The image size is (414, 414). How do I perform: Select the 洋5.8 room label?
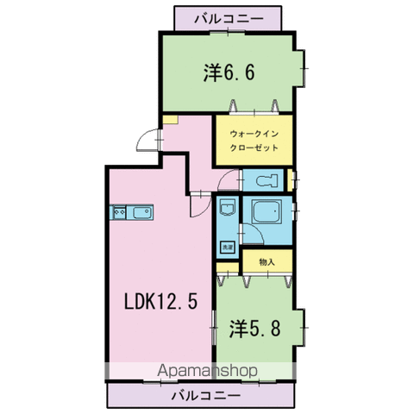pos(254,329)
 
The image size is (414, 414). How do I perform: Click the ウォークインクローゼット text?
pos(254,141)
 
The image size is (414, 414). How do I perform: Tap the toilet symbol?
pos(267,181)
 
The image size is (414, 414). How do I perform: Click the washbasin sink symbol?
pos(227,210)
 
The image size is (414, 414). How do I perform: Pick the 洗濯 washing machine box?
pos(227,248)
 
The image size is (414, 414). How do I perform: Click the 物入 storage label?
pos(266,261)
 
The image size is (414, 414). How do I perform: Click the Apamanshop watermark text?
pos(208,372)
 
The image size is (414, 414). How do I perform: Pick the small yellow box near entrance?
pos(172,119)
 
